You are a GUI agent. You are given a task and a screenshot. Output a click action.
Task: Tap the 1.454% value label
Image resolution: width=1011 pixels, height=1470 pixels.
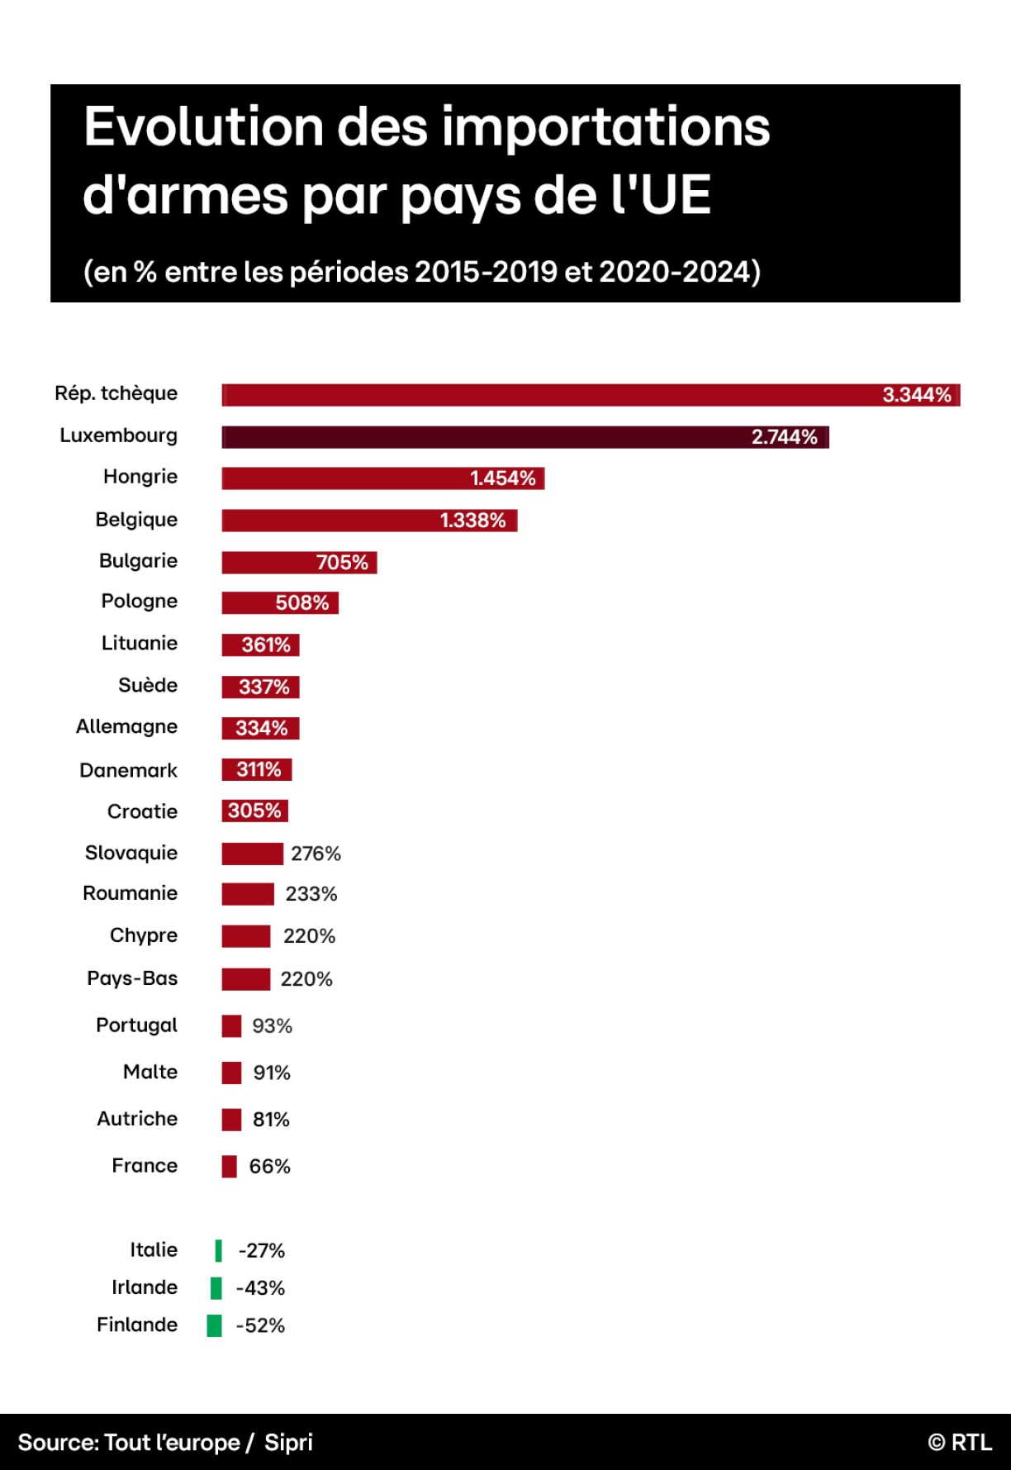pyautogui.click(x=502, y=478)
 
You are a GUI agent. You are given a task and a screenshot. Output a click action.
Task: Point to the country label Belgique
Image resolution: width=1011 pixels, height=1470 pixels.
pyautogui.click(x=136, y=520)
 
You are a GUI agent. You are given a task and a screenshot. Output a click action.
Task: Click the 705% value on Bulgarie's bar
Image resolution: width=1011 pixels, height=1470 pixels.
pyautogui.click(x=342, y=563)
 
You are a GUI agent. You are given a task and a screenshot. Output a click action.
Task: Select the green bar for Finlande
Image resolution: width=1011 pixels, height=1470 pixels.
pyautogui.click(x=214, y=1325)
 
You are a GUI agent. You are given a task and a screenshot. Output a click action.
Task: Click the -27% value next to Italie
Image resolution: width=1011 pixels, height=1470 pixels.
pyautogui.click(x=261, y=1251)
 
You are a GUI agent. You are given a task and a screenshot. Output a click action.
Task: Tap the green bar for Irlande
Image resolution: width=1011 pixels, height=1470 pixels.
pyautogui.click(x=216, y=1288)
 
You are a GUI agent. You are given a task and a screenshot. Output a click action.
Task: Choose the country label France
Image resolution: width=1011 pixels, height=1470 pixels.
pyautogui.click(x=145, y=1166)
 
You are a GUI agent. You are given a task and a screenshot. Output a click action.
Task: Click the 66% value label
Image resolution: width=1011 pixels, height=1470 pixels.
pyautogui.click(x=269, y=1167)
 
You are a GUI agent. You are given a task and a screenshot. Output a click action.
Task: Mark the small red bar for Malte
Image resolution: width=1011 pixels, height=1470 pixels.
pyautogui.click(x=231, y=1073)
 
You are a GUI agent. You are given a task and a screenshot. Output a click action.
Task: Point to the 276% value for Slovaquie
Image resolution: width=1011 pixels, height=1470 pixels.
pyautogui.click(x=316, y=854)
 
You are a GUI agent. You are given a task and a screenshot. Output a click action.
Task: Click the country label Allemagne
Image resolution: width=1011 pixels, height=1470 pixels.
pyautogui.click(x=126, y=727)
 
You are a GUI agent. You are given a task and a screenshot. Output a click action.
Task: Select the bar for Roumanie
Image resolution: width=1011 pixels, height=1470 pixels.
pyautogui.click(x=248, y=894)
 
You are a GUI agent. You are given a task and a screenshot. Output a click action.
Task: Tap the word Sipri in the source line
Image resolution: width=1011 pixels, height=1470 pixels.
pyautogui.click(x=288, y=1443)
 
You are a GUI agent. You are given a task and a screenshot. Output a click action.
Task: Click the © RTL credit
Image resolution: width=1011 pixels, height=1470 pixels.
pyautogui.click(x=960, y=1443)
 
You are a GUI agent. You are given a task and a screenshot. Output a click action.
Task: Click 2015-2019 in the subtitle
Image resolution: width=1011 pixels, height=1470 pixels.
pyautogui.click(x=486, y=272)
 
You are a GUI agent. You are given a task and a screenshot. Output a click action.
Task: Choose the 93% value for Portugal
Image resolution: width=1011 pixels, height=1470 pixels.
pyautogui.click(x=272, y=1026)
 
